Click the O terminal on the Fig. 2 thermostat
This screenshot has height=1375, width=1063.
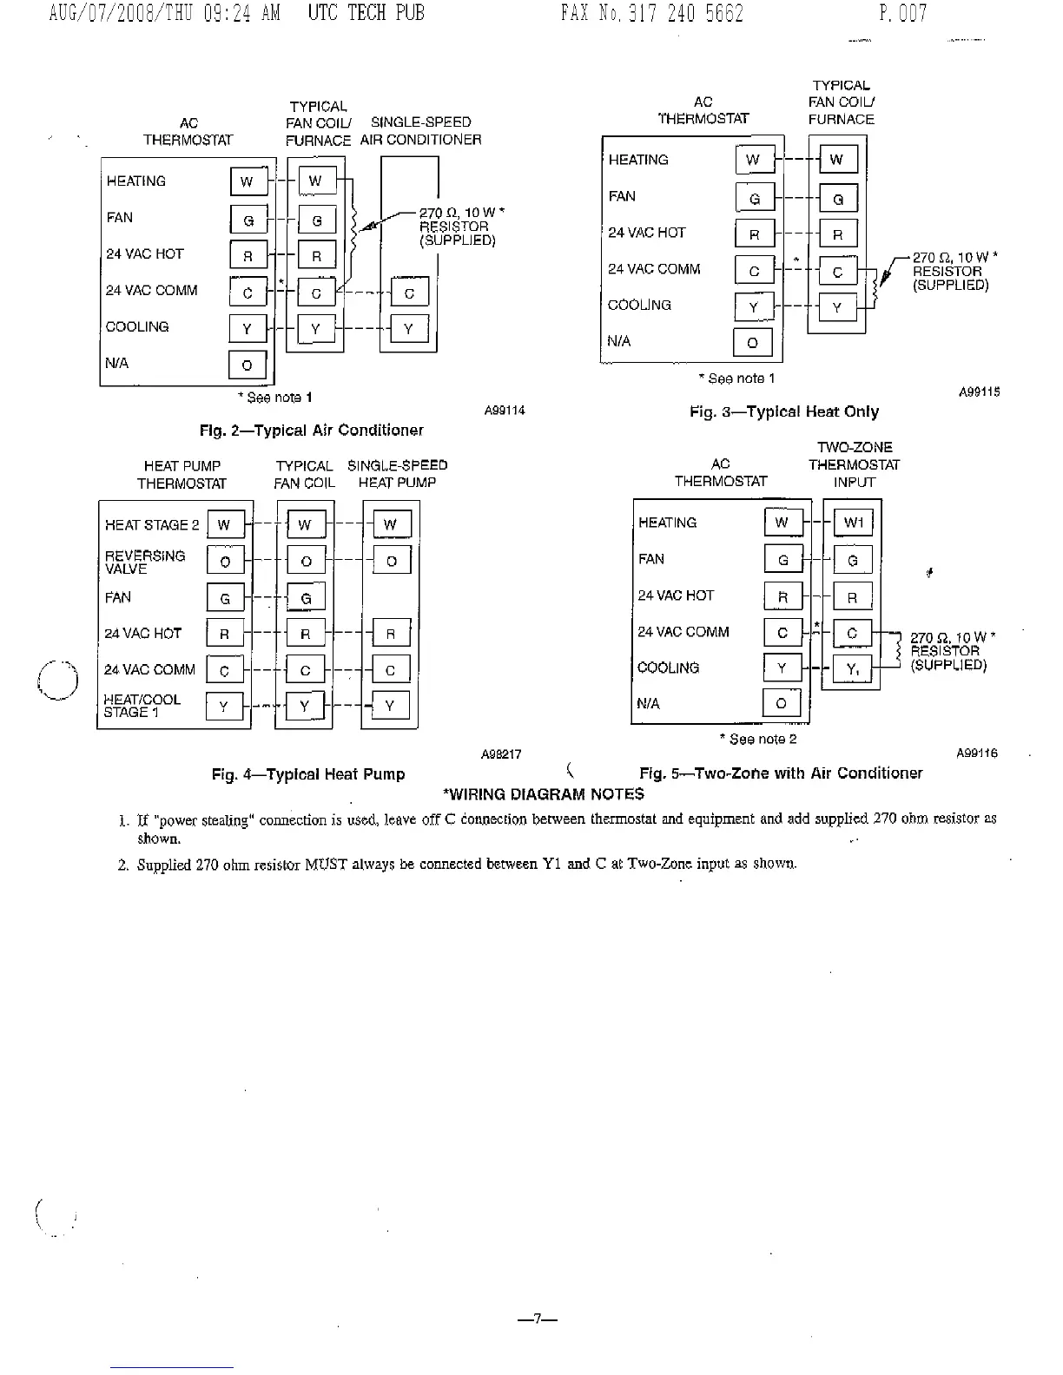pyautogui.click(x=247, y=365)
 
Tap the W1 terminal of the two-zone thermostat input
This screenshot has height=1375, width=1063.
pyautogui.click(x=853, y=523)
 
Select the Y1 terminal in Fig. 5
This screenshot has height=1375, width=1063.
pyautogui.click(x=853, y=668)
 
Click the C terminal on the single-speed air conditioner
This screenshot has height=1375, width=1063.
pyautogui.click(x=409, y=293)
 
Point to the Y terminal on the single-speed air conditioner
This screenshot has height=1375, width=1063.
pyautogui.click(x=409, y=329)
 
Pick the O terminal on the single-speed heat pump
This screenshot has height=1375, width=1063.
pyautogui.click(x=391, y=561)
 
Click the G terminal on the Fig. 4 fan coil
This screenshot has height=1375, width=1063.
pyautogui.click(x=306, y=598)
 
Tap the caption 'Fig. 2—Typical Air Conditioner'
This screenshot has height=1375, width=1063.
pyautogui.click(x=311, y=431)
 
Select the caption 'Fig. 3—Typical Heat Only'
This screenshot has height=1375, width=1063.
pyautogui.click(x=783, y=412)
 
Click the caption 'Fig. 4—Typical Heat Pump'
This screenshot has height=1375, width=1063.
pyautogui.click(x=308, y=774)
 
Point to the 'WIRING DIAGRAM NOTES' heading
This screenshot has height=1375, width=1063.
pyautogui.click(x=544, y=794)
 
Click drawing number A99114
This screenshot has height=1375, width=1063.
pyautogui.click(x=505, y=411)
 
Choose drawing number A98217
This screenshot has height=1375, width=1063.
pyautogui.click(x=501, y=754)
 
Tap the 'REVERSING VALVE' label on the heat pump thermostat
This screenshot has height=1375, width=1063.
pyautogui.click(x=144, y=562)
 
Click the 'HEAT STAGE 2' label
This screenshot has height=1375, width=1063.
pyautogui.click(x=152, y=525)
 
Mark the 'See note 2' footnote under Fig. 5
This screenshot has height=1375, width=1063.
pyautogui.click(x=758, y=740)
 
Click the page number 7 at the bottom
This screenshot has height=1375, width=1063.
pyautogui.click(x=537, y=1319)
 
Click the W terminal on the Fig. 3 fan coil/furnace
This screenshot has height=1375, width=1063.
pyautogui.click(x=836, y=160)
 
